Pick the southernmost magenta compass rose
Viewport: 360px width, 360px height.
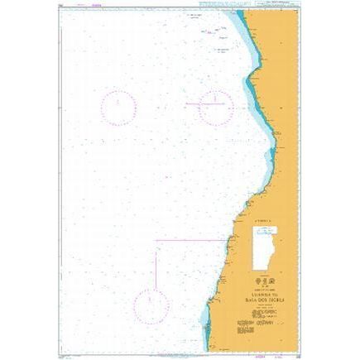[x=152, y=304]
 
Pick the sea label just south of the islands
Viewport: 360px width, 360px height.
[x=222, y=52]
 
